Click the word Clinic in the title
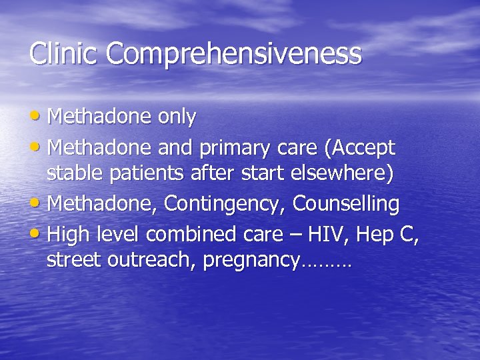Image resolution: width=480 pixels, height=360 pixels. pos(64,53)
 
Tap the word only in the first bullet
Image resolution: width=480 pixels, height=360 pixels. pos(177,118)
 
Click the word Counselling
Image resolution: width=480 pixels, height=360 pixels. pos(346,203)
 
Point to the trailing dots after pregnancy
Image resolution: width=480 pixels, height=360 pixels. pos(327,265)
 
